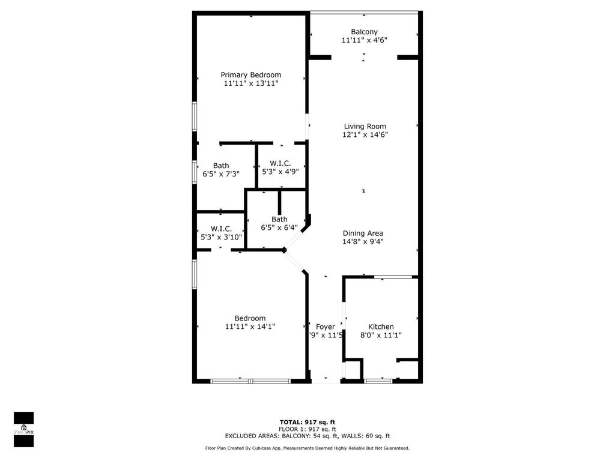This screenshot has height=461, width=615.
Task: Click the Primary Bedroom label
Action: click(x=250, y=75)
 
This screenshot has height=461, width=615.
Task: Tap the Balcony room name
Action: click(x=364, y=32)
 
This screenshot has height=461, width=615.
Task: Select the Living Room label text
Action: click(x=365, y=127)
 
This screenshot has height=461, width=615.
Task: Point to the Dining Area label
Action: click(x=363, y=234)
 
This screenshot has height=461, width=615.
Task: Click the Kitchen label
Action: click(x=381, y=327)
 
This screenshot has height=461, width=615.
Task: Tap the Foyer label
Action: click(x=326, y=327)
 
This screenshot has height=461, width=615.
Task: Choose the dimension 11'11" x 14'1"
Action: click(x=250, y=327)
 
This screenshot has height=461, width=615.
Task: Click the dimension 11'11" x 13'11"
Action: click(x=250, y=84)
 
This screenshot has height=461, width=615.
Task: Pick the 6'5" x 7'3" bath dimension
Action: click(x=221, y=174)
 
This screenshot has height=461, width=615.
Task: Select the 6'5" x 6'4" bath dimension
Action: click(x=279, y=227)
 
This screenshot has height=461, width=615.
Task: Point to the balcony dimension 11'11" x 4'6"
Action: click(x=364, y=40)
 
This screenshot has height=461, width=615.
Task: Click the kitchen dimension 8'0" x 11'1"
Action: click(x=381, y=336)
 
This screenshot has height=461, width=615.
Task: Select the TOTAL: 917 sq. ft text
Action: click(x=307, y=422)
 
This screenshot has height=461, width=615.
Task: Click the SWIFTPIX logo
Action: click(x=23, y=429)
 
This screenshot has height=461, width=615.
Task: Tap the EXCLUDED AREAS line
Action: click(x=307, y=436)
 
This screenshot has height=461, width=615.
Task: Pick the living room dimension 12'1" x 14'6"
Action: click(x=365, y=135)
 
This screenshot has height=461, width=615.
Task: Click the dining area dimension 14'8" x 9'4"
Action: click(x=363, y=242)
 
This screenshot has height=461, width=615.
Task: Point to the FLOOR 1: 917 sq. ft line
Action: click(x=307, y=429)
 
